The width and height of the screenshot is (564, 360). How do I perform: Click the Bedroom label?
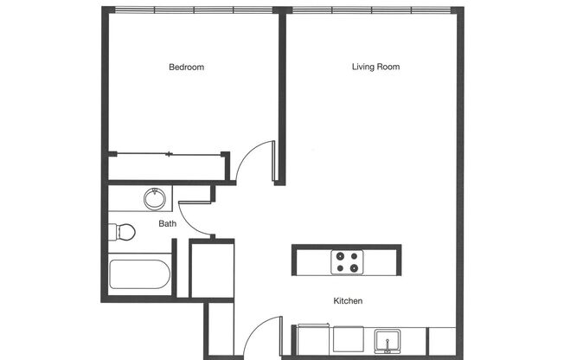pos(186,67)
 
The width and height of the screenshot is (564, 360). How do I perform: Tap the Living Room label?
pos(375,67)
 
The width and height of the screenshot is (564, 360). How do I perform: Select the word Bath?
pos(167,223)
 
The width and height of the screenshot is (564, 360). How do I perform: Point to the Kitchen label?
pos(347,301)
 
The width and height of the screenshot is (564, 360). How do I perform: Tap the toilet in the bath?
pos(122,232)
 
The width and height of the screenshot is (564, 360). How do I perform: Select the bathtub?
pos(139,275)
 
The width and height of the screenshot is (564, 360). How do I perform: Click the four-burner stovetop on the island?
pos(347,260)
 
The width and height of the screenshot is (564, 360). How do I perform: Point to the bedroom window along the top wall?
pos(193,10)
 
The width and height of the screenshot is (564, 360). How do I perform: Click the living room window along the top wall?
pos(369,10)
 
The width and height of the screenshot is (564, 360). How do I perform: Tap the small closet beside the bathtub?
pos(212,270)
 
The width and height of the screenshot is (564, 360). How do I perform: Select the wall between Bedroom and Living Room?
pos(281,95)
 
